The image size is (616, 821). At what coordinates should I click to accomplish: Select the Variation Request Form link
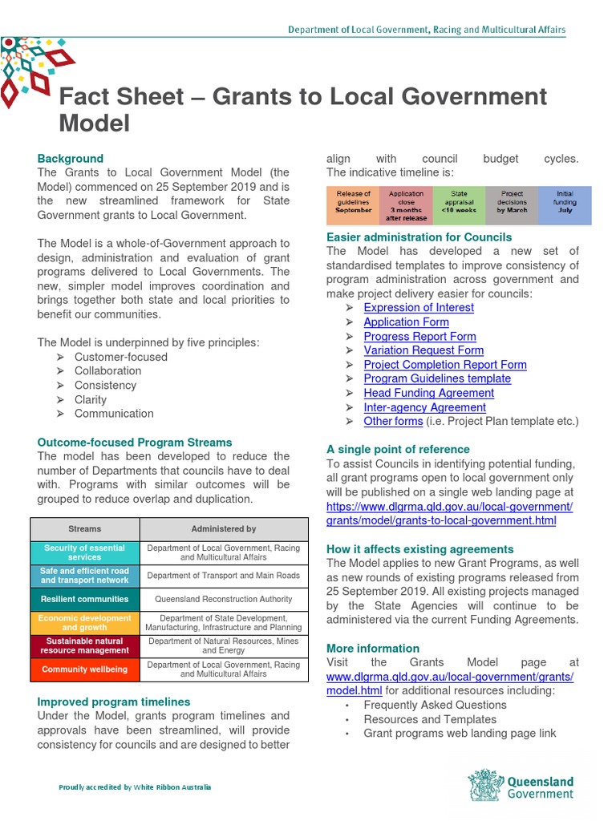[423, 350]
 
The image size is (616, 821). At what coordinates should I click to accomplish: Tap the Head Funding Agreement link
[428, 393]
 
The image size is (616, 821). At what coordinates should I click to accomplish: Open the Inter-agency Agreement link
[424, 407]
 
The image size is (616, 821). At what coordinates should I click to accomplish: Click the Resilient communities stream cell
[85, 599]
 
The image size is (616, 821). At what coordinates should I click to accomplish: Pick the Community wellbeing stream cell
[85, 669]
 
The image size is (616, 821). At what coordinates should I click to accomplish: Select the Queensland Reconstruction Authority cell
[224, 599]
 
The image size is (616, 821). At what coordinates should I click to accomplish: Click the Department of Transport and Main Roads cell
[224, 576]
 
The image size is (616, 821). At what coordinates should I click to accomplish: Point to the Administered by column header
[224, 529]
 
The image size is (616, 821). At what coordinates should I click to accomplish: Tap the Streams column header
[85, 529]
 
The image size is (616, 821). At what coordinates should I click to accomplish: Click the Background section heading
[71, 159]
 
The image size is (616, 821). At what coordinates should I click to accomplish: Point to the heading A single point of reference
[398, 450]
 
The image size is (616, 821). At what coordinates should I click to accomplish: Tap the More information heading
[373, 649]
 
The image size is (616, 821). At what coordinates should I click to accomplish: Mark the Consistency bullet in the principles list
[106, 386]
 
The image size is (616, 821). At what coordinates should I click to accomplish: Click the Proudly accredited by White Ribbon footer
[135, 787]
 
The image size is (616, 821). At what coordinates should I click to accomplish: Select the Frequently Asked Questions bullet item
[435, 706]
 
